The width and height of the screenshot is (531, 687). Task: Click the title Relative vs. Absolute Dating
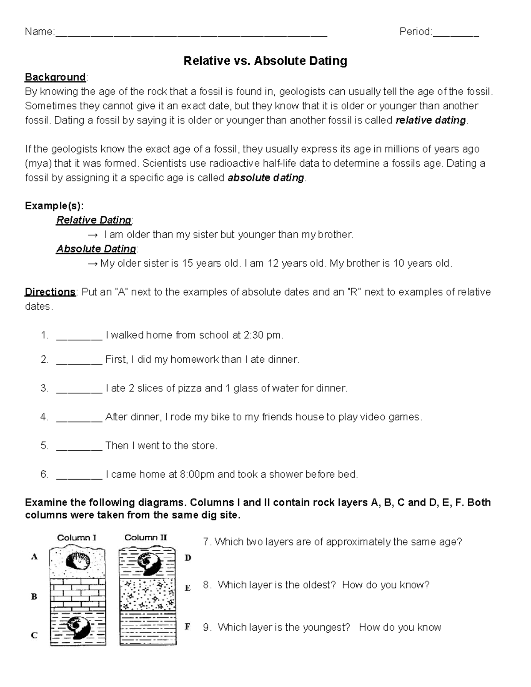[265, 61]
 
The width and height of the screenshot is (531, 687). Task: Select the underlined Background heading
[55, 77]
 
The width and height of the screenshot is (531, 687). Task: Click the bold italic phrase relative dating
[431, 120]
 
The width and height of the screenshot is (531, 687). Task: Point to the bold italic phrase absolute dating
[265, 178]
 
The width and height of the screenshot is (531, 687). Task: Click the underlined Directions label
[50, 292]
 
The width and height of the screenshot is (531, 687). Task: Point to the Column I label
[77, 538]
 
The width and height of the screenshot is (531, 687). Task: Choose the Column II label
[146, 538]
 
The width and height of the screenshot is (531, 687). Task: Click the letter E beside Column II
[188, 588]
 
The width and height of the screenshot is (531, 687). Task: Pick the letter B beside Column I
[34, 597]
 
